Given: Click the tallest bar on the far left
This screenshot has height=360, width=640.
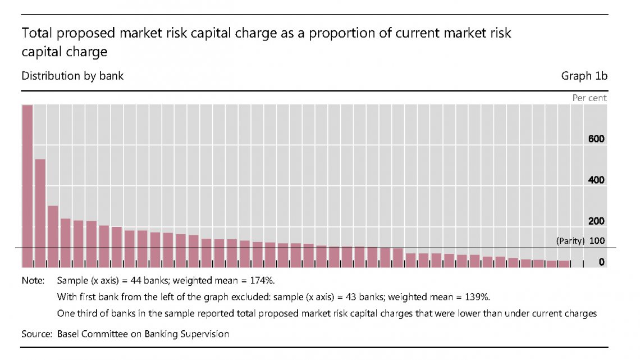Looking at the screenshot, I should pos(27,186).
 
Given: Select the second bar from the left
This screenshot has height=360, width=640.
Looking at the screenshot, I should pos(40,213).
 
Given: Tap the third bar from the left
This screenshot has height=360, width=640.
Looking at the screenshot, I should pos(53,236).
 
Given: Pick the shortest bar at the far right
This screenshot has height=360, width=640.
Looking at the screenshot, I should pos(565,263).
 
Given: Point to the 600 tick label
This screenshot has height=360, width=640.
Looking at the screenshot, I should pos(596,139).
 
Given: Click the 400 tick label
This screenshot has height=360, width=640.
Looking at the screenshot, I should pos(596,180).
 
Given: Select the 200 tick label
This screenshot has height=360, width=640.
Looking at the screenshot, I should pos(596,221).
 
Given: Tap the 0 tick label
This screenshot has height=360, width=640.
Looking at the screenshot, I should pos(601,262).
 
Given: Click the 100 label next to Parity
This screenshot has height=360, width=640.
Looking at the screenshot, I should pos(597,241).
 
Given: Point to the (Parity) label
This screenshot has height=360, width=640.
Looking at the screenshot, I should pos(570,241).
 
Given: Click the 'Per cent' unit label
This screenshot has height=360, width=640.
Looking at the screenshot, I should pos(589,98).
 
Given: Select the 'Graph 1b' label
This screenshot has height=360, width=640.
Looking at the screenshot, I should pos(584,76).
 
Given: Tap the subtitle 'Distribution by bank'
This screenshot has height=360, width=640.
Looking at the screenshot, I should pos(72,76).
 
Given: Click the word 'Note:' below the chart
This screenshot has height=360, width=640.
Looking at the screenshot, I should pos(33,280).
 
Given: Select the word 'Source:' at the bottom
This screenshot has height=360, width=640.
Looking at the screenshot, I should pos(37,334).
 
